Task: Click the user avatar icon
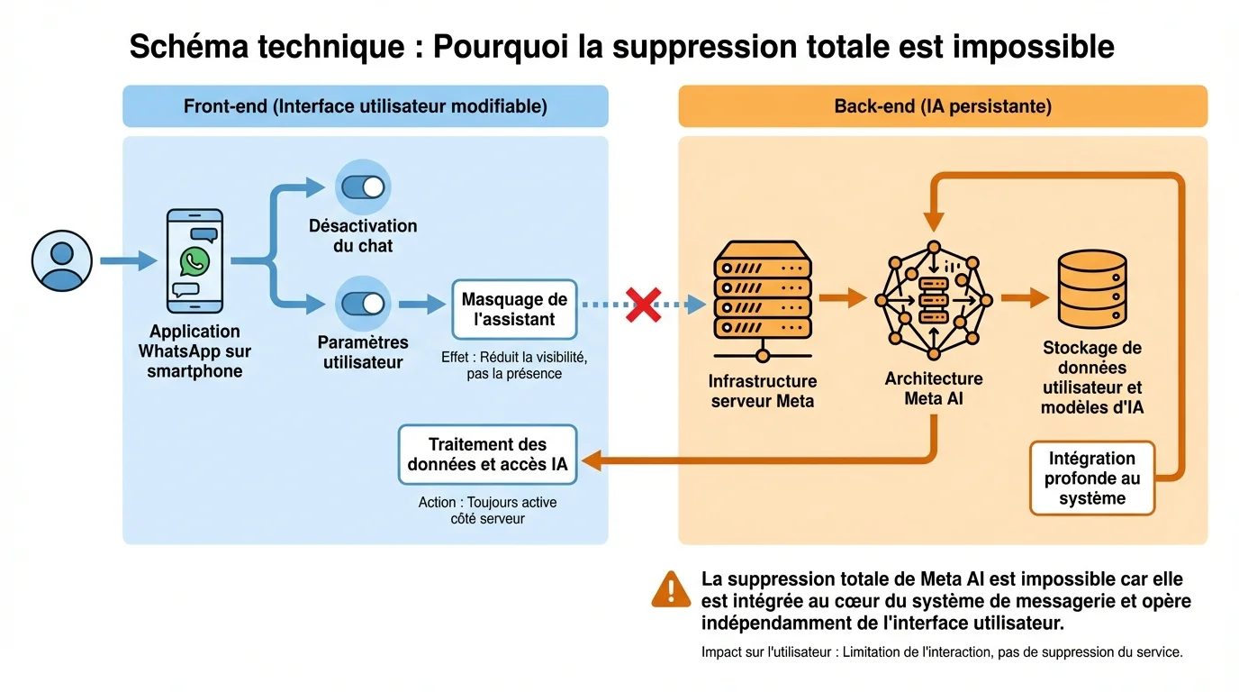click(x=62, y=261)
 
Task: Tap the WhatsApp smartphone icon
click(x=194, y=261)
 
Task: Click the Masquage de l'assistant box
click(x=514, y=308)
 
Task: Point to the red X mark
click(x=644, y=305)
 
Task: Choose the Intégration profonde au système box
click(x=1091, y=478)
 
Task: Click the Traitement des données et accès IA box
click(x=487, y=454)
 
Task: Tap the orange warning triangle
click(x=672, y=589)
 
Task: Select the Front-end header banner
click(x=365, y=106)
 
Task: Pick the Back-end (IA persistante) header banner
click(x=943, y=106)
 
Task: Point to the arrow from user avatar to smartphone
click(x=128, y=262)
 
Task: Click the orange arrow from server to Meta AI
click(x=843, y=298)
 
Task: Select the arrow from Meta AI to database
click(x=1025, y=297)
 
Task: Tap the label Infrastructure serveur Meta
click(x=763, y=391)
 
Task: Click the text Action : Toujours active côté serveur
click(x=487, y=510)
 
